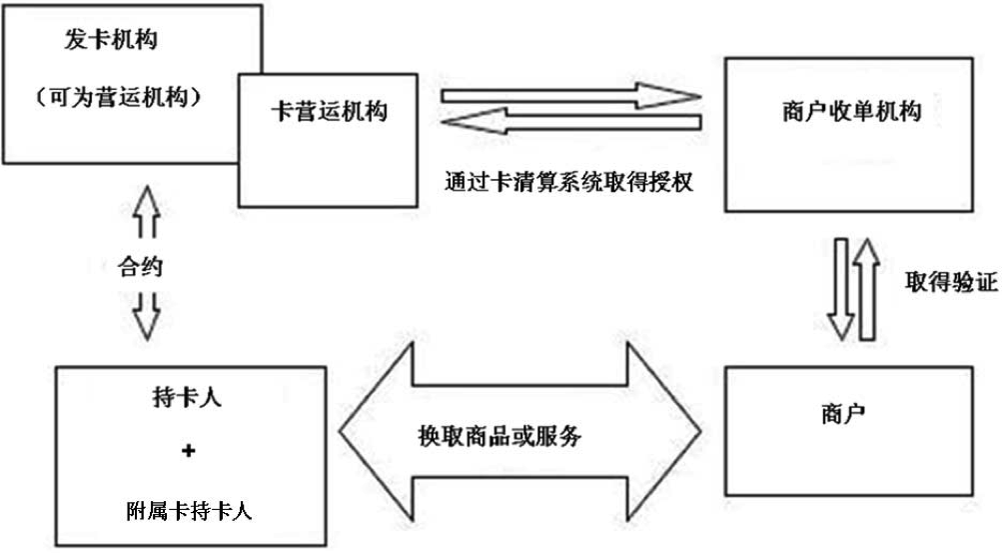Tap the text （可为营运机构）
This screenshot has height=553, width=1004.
(x=118, y=98)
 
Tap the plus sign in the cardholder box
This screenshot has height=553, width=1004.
(x=188, y=452)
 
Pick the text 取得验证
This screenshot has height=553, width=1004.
(x=950, y=282)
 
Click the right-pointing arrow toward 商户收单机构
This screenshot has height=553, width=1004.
(x=569, y=96)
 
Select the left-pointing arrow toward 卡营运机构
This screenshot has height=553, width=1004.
(x=569, y=125)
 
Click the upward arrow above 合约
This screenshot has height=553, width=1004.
(x=147, y=212)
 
